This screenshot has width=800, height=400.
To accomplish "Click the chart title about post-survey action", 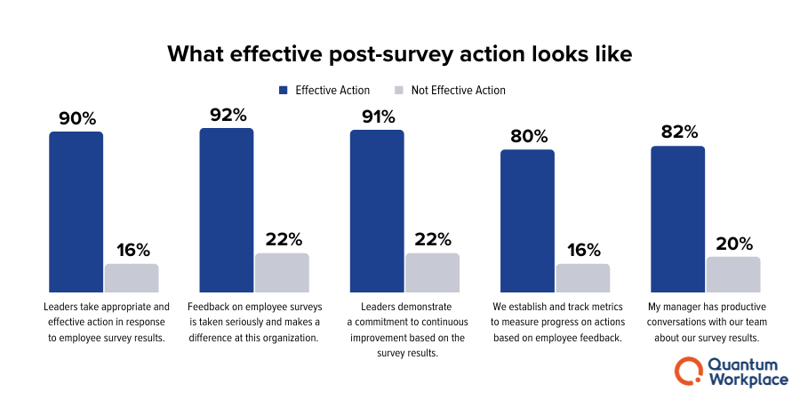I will [x=399, y=53].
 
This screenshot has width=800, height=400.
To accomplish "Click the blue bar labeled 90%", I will [x=76, y=212].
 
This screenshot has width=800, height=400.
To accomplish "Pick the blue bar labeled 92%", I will [x=226, y=210].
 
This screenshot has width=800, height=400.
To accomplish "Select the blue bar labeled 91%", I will [x=376, y=211].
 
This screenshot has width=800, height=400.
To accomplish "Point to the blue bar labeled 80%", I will [x=527, y=220].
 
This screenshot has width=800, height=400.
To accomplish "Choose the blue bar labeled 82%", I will [x=677, y=219].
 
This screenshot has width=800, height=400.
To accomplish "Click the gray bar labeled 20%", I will [x=733, y=274].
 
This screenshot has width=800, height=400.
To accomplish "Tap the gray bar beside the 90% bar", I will [x=132, y=277].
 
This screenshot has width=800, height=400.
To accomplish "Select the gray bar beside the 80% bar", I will [x=583, y=277].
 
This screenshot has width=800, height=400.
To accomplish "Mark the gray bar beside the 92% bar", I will [x=282, y=272].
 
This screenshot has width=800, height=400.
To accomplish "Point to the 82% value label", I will [x=678, y=132].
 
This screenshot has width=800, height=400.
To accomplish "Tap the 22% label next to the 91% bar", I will [x=432, y=239].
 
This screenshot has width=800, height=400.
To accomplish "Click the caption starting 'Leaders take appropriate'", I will [x=104, y=322].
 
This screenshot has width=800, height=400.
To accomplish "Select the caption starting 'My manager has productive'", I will [x=707, y=322].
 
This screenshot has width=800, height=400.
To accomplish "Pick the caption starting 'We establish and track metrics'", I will [x=556, y=322].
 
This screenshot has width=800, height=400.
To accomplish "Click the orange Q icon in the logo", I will [x=688, y=372].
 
